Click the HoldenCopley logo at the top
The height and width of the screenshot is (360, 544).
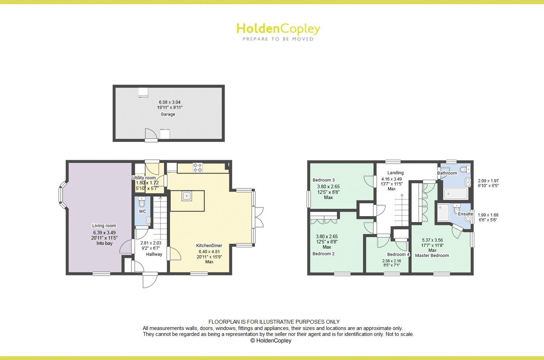point(278,31)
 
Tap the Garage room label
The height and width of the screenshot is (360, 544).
point(168,114)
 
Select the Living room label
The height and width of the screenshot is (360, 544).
point(104,226)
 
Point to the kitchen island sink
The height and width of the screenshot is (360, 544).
point(187,196)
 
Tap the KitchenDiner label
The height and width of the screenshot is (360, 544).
point(209,245)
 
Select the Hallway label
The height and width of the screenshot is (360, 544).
point(154,254)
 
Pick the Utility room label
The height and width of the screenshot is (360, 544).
point(144,178)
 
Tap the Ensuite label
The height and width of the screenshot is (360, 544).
point(465,214)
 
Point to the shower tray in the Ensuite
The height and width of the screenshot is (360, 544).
point(443,213)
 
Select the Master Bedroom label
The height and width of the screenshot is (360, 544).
point(432,255)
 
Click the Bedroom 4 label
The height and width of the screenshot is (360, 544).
point(398,254)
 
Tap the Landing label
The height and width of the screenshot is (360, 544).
point(396,172)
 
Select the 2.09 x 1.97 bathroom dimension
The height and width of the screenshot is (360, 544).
point(488,181)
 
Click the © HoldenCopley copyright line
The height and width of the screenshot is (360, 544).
point(271,340)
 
